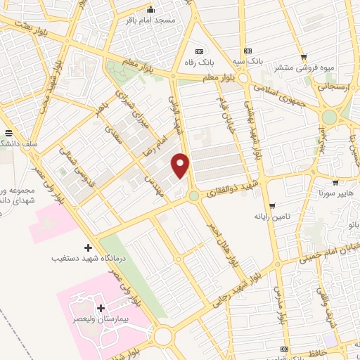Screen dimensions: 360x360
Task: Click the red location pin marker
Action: point(181,166)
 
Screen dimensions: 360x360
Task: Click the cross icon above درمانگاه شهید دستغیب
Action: point(88,247)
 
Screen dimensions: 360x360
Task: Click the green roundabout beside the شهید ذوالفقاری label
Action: point(193,195)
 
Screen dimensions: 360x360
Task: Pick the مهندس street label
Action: point(157,178)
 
